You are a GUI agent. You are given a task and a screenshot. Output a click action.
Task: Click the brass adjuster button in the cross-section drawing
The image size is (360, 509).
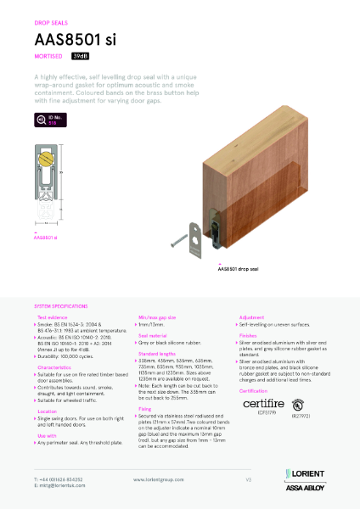(x=47, y=159)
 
